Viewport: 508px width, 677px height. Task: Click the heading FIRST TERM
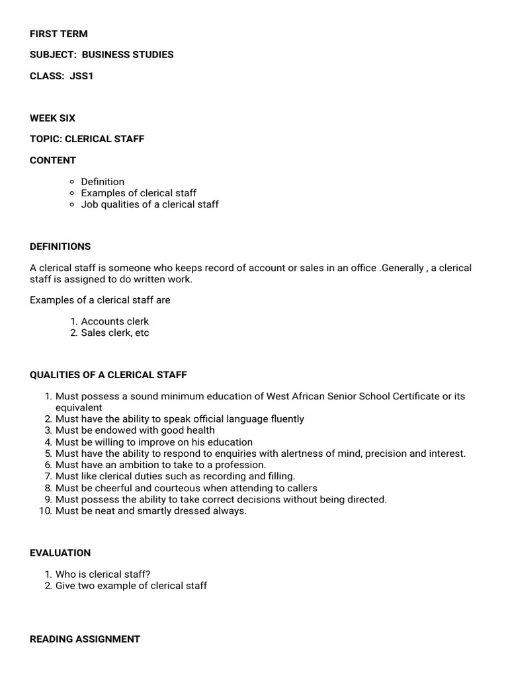pos(58,34)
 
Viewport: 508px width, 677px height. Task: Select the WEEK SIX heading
pos(52,118)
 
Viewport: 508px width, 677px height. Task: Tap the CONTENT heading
pos(53,160)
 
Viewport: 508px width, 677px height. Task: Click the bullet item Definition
pos(103,181)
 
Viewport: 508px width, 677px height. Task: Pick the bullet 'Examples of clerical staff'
pos(138,193)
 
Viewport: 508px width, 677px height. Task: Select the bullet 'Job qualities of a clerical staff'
pos(149,204)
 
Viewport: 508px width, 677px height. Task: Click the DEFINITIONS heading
pos(60,247)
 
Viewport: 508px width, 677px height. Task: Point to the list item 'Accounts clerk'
pos(115,321)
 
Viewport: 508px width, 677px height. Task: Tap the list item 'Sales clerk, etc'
pos(115,333)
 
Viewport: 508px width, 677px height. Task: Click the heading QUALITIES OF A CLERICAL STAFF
pos(108,375)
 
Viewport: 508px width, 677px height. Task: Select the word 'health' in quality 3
pos(200,430)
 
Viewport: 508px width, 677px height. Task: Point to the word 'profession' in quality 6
pos(237,465)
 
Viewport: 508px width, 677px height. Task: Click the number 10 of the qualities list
pos(46,511)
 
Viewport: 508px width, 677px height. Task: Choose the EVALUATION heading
pos(60,553)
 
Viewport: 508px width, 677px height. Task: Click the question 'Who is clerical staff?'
pos(112,574)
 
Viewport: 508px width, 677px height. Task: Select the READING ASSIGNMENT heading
pos(85,639)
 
